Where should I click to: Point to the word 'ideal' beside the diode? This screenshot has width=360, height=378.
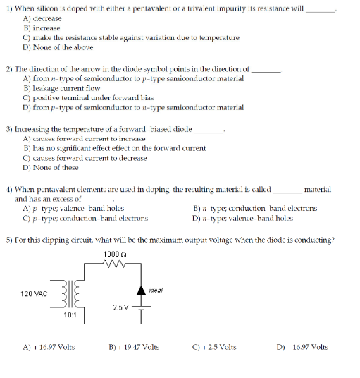pyautogui.click(x=157, y=289)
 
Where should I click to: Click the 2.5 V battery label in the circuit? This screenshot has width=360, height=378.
pyautogui.click(x=120, y=307)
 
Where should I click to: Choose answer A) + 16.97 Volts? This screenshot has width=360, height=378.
pyautogui.click(x=49, y=347)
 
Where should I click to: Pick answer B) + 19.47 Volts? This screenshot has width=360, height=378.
pyautogui.click(x=134, y=347)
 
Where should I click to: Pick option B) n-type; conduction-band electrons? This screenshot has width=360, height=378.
pyautogui.click(x=255, y=208)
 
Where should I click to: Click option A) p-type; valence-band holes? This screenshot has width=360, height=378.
pyautogui.click(x=74, y=208)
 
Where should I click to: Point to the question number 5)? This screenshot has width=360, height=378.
pyautogui.click(x=9, y=240)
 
